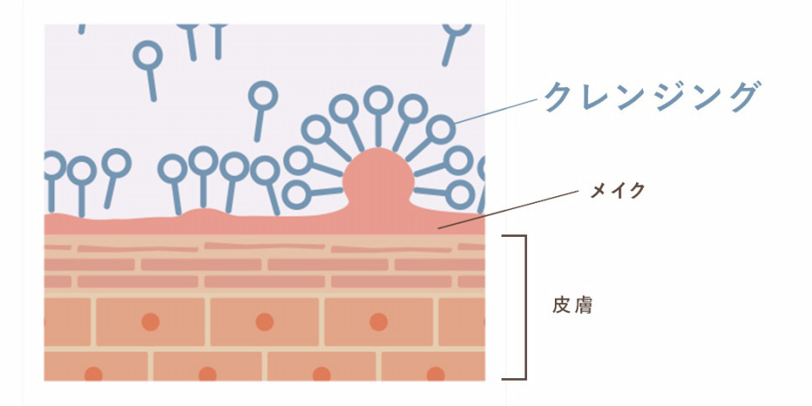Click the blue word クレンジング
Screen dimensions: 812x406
pos(652,96)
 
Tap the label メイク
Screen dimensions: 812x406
pos(617,190)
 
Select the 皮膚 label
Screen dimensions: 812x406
pos(572,306)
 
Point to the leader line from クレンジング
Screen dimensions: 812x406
pos(497,111)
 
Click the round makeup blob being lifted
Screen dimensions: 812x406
pos(379,178)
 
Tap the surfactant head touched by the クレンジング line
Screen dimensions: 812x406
pos(441,129)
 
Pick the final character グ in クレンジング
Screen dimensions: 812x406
pos(743,96)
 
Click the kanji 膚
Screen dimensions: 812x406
pos(583,306)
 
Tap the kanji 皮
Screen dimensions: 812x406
pos(562,306)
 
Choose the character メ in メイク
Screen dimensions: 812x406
pos(599,191)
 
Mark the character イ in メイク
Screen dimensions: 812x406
pos(617,190)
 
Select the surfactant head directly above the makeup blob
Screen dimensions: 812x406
pos(379,100)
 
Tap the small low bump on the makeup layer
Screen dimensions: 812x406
pos(206,213)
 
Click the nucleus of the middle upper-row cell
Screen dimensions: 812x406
pos(264,321)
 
